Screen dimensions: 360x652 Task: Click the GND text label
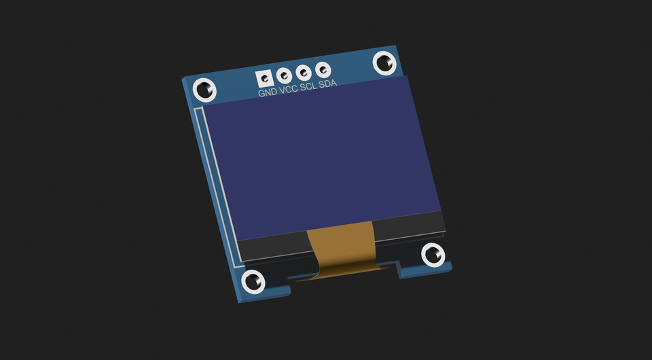pos(268,92)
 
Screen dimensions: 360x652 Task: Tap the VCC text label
pos(289,89)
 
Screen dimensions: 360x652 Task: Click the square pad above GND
pos(264,77)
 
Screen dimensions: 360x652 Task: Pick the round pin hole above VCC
pos(284,75)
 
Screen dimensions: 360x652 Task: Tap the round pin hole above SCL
pos(304,71)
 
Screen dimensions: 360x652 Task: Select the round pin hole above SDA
pos(323,69)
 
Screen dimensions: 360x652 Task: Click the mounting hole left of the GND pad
pos(204,89)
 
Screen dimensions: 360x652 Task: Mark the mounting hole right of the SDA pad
pos(385,63)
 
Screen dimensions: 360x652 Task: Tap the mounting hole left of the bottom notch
pos(253,281)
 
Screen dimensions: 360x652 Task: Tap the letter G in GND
pos(261,93)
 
